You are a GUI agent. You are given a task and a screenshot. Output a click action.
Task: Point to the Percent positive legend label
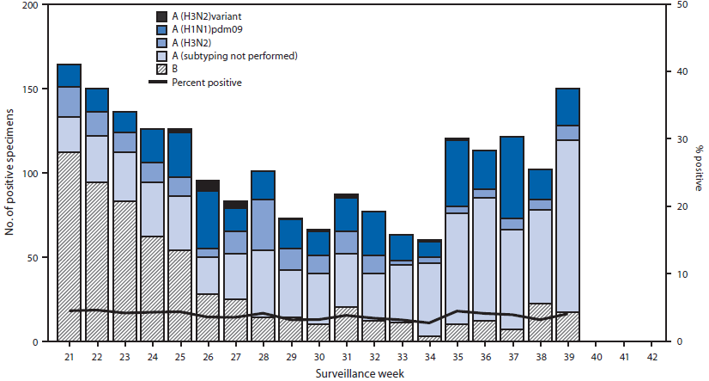[206, 82]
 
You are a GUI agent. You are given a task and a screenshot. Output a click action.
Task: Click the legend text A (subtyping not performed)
[234, 56]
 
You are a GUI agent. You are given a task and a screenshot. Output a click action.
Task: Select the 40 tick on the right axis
[679, 72]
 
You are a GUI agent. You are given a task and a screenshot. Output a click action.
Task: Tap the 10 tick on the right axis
[679, 274]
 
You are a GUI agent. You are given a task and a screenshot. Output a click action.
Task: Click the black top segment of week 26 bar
[209, 186]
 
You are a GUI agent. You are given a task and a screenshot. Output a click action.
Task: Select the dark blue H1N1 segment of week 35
[458, 173]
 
